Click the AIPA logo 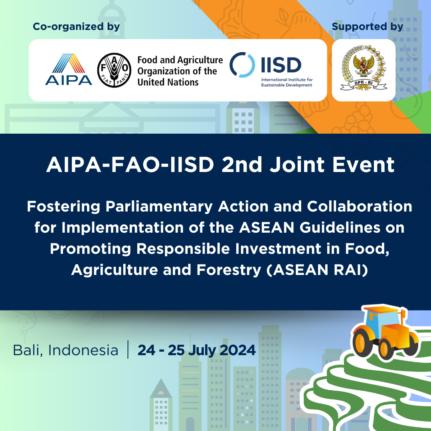coord(69,69)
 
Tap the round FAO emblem coord(115,70)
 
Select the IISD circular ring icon coord(242,65)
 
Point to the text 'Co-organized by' coord(76,27)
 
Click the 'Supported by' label coord(368,27)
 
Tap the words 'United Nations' coord(168,82)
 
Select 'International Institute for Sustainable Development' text coord(287,82)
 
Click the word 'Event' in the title coord(364,165)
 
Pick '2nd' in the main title coord(242,165)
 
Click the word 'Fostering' coord(63,207)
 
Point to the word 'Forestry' coord(229,270)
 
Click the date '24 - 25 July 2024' coord(196,350)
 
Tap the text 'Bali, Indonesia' coord(66,350)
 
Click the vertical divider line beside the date coord(128,350)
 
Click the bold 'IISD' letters coord(281,65)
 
